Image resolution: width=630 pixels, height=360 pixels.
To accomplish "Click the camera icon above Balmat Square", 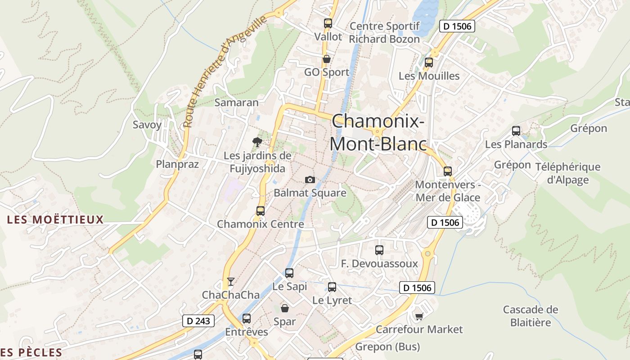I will pos(310,180).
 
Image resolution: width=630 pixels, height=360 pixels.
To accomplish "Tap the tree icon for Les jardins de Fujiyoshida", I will pos(257,143).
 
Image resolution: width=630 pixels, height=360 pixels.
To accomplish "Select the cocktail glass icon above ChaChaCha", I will pos(231,282).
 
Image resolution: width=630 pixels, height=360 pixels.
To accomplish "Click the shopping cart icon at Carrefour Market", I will pos(419,316).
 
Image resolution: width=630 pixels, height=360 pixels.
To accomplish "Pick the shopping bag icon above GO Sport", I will pos(326,59).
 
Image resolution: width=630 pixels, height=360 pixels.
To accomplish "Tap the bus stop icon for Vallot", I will pos(328,23).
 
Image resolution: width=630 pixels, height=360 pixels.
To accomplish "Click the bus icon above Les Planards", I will pos(516,131).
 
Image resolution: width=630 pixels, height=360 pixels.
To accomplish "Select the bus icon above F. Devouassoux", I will pos(379,250).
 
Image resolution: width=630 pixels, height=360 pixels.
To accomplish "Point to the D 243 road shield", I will pos(198,321).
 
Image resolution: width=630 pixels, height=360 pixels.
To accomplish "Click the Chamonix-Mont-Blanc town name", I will pos(378,132).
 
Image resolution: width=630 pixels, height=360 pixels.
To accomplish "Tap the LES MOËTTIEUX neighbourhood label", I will pos(55,220).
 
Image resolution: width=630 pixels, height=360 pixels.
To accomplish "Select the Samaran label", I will pos(237,103).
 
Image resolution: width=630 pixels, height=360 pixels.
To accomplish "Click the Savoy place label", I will pos(147,125).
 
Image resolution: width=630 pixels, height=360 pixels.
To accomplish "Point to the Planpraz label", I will pos(177,164).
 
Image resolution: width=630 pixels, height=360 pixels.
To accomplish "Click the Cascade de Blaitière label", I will pos(531,316).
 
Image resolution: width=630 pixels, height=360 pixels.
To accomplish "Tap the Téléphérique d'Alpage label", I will pos(567,173).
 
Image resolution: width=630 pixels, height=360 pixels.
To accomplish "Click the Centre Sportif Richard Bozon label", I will pos(384,32).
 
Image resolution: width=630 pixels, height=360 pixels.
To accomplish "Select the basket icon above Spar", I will pos(284,308).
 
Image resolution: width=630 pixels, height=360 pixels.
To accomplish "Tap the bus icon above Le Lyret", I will pos(332,287).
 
